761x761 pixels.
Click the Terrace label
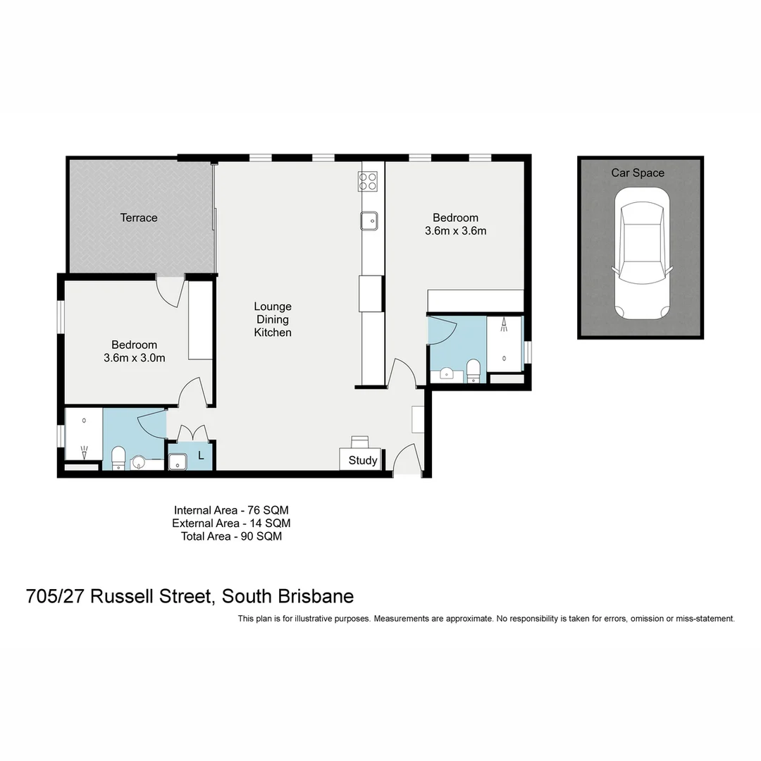click(139, 218)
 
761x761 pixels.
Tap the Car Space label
click(638, 173)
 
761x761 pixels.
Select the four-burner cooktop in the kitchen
click(369, 181)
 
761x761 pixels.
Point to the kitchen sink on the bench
click(369, 221)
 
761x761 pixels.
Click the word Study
click(363, 461)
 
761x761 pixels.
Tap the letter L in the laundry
click(201, 456)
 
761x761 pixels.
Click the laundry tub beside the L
click(178, 461)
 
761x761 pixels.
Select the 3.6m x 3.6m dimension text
click(455, 230)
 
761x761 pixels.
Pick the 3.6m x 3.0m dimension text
click(134, 357)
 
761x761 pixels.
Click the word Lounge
click(273, 307)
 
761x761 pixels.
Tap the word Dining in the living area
click(273, 319)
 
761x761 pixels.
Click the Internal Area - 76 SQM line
click(231, 509)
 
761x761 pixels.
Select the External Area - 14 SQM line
click(231, 523)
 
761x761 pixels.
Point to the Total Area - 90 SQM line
click(231, 536)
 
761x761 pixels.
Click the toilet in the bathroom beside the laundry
click(118, 457)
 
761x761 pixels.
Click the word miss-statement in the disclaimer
click(705, 619)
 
